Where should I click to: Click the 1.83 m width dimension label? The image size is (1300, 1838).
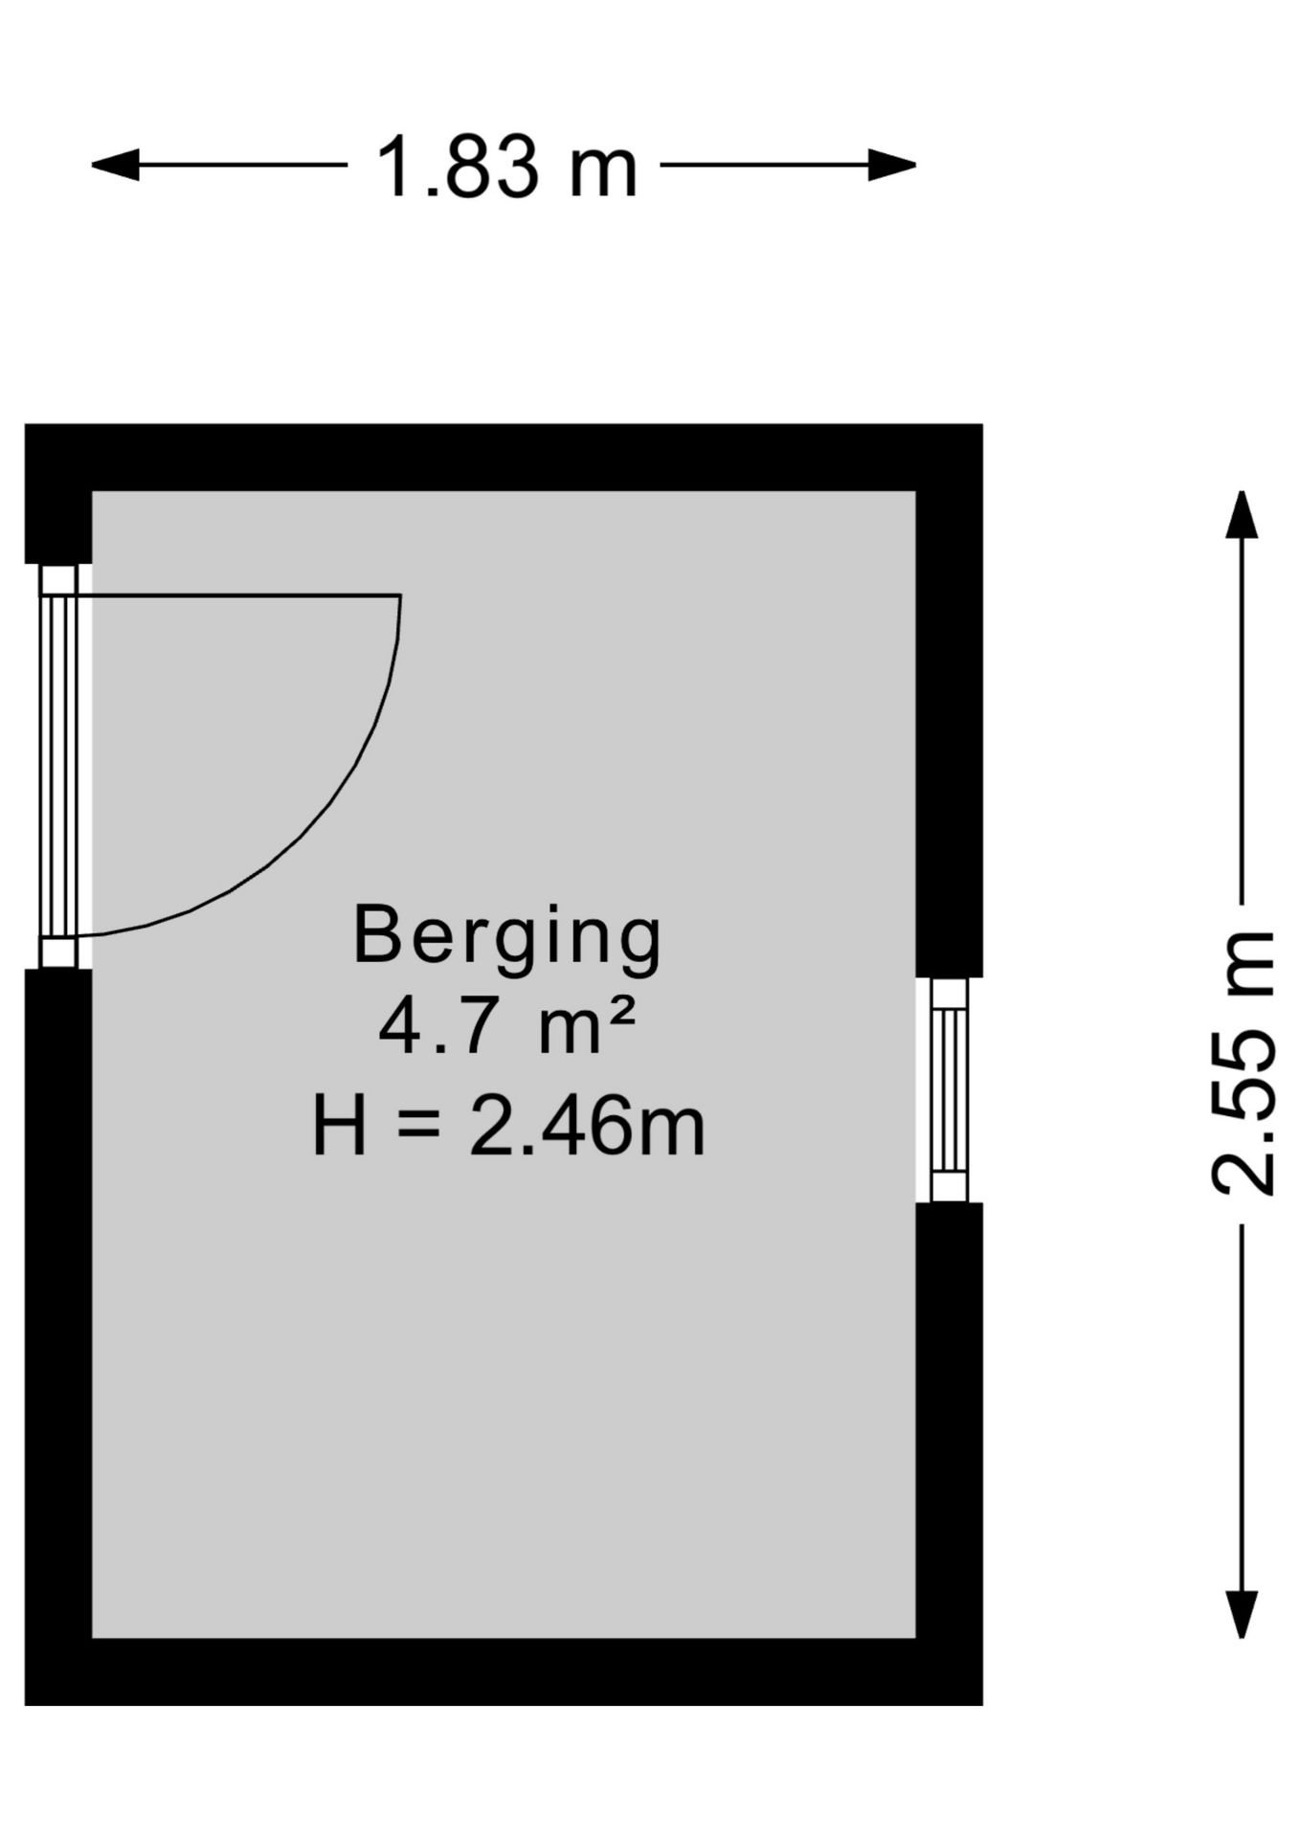point(506,168)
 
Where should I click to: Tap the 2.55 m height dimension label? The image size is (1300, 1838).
point(1243,1063)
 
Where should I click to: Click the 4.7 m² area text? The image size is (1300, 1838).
point(506,1026)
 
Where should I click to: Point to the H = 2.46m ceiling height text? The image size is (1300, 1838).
point(508,1128)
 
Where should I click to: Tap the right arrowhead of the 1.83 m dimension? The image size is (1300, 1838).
point(892,165)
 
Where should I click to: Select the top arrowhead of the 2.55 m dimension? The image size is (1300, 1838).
point(1243,515)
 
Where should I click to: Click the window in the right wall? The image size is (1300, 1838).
point(950,1089)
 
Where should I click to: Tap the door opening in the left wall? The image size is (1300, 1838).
point(58,766)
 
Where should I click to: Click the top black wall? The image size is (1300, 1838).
point(504,458)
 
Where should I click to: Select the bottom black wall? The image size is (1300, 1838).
point(504,1671)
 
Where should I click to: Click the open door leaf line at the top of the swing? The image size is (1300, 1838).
point(239,595)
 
